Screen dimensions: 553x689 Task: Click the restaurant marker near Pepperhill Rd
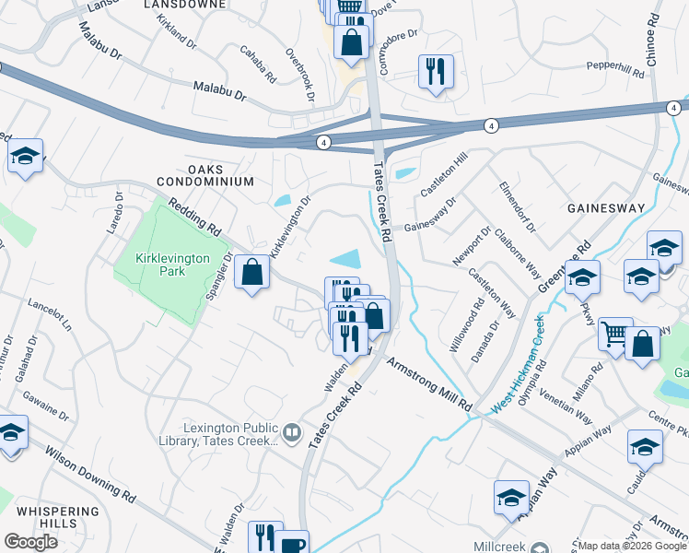435,71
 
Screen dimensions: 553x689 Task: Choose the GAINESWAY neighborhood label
606,208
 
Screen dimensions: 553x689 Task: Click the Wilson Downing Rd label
89,476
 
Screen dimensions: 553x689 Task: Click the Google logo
30,542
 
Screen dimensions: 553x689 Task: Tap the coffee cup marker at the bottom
294,543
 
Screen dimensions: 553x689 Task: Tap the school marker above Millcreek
509,498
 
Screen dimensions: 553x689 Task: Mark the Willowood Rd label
466,330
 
